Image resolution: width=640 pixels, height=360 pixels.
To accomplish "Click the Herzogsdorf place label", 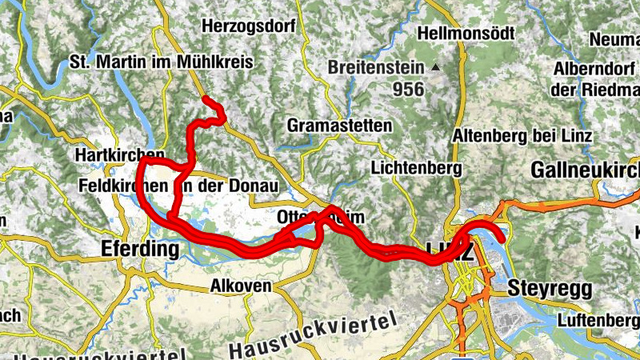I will (250, 26).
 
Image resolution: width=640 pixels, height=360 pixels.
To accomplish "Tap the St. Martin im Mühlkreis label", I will (162, 62).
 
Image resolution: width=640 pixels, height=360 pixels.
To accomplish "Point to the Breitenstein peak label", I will (378, 68).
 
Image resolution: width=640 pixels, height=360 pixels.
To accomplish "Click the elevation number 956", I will (408, 90).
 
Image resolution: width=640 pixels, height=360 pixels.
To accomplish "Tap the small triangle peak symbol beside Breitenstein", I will (436, 68).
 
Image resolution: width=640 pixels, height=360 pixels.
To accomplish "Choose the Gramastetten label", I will (339, 126).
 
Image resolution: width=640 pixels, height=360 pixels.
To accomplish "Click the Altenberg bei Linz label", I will (522, 135).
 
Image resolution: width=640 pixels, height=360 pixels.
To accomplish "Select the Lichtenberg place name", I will (417, 169).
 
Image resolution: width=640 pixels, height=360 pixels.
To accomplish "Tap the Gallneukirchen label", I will (585, 170).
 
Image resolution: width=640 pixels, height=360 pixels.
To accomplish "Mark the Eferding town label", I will (140, 249).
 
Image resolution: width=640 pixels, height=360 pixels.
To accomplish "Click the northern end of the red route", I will (206, 100).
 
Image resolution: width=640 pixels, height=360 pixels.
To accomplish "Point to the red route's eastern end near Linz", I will (502, 238).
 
